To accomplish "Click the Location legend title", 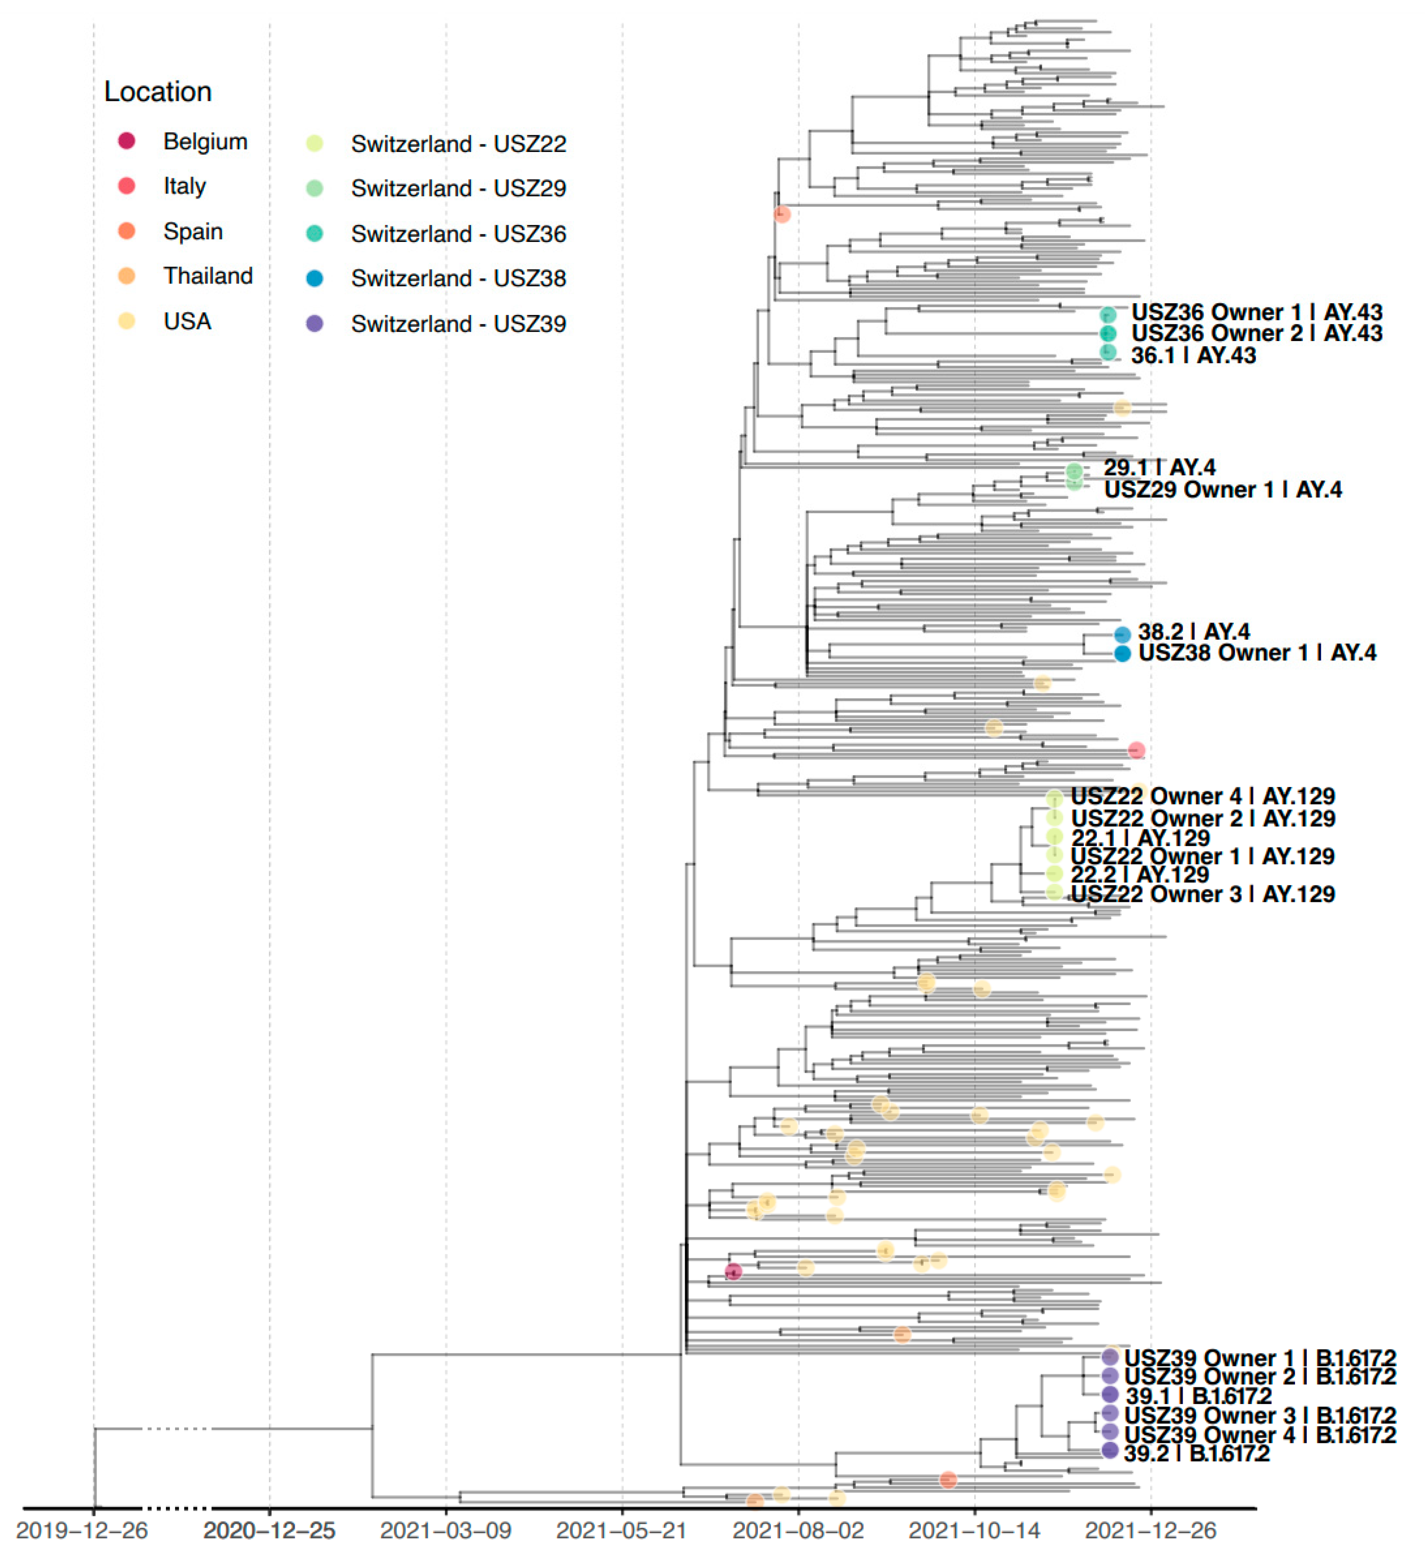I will click(x=157, y=92).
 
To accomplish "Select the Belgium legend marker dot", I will click(x=127, y=141).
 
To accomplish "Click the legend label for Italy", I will click(x=185, y=186).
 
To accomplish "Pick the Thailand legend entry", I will click(x=207, y=276).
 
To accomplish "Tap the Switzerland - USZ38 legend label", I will click(x=458, y=278).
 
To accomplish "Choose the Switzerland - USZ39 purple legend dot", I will click(x=315, y=323).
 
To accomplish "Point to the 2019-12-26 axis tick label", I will click(x=82, y=1530).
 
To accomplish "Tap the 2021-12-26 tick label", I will click(x=1150, y=1530).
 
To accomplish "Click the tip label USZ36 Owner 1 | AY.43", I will click(x=1256, y=312).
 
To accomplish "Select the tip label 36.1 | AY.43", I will click(x=1193, y=356).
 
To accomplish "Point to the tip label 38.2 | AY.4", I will click(x=1194, y=631).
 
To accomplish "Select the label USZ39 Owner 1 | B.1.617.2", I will click(x=1259, y=1358).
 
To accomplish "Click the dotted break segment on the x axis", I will click(x=178, y=1508).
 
